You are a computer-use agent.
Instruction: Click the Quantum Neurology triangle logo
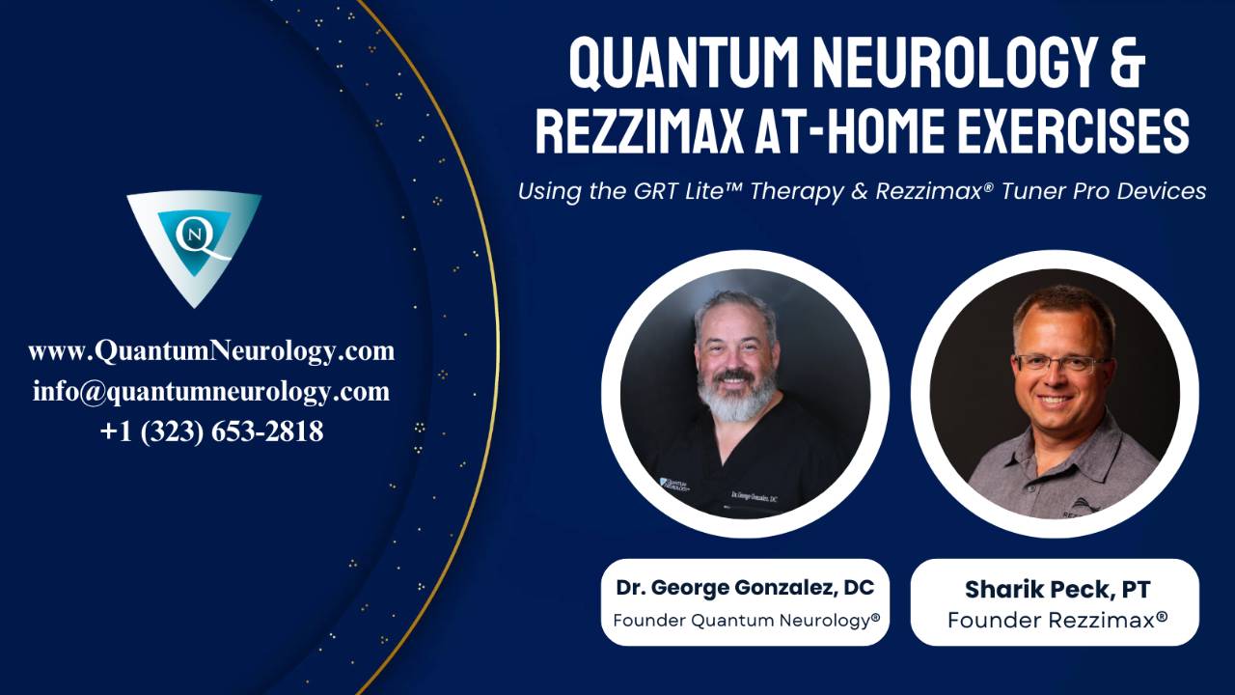coord(194,246)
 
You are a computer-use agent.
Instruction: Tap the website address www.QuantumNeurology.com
coord(211,350)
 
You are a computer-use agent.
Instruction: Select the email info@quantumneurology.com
coord(211,391)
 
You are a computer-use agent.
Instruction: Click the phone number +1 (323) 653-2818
coord(211,431)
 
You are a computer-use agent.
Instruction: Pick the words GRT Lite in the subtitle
coord(684,191)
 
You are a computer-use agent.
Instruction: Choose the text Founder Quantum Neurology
coord(745,621)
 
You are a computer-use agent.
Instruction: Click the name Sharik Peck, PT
coord(1055,589)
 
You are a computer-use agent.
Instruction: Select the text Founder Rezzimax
coord(1055,620)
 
